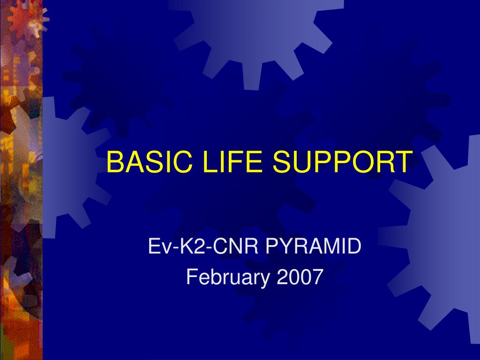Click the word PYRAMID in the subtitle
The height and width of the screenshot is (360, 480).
(x=313, y=246)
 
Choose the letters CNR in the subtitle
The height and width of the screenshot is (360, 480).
(x=228, y=246)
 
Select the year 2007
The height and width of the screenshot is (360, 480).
(x=300, y=277)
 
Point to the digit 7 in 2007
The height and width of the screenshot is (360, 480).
(x=318, y=277)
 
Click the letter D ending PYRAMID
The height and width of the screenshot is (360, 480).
(x=354, y=246)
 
